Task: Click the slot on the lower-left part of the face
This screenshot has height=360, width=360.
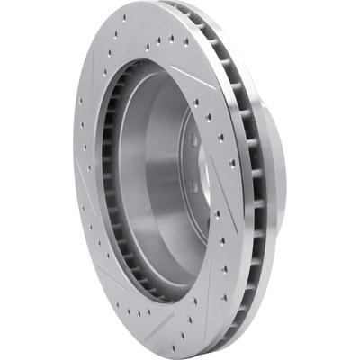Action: pos(108,270)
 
